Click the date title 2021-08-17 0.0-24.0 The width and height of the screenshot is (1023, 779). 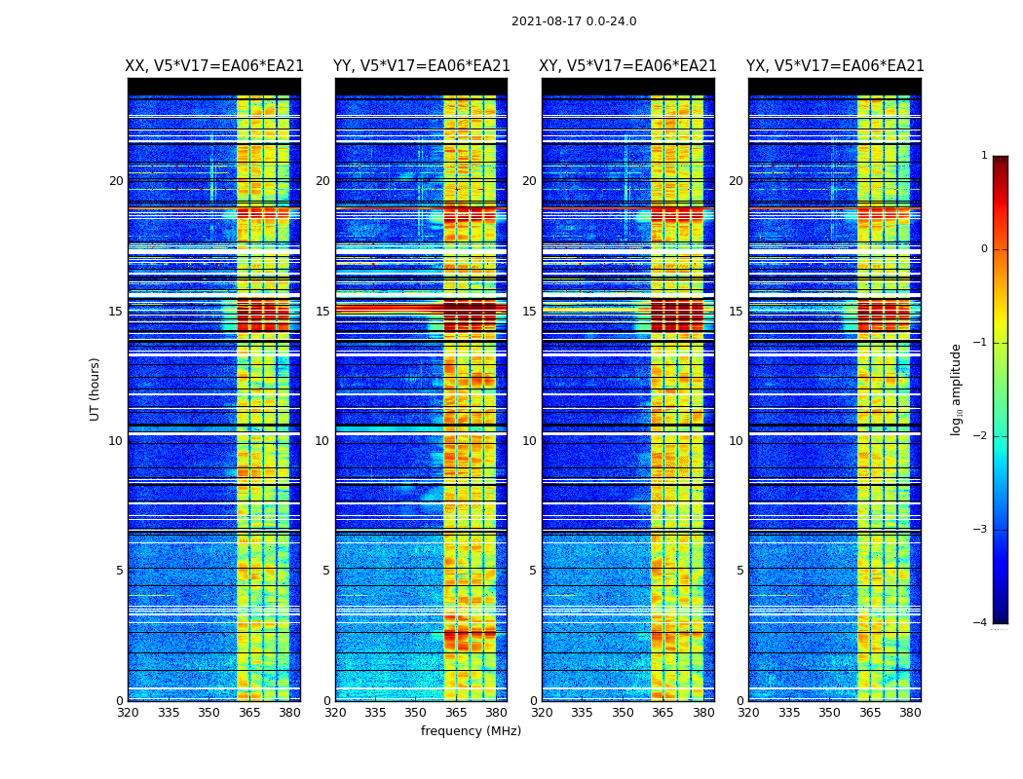point(574,21)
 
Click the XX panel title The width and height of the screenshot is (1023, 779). point(214,66)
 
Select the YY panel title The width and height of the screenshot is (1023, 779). point(422,66)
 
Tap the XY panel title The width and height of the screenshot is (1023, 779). point(628,66)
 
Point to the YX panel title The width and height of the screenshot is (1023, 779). point(835,66)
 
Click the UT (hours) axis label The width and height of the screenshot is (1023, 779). point(95,389)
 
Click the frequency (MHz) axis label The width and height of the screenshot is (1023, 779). point(471,731)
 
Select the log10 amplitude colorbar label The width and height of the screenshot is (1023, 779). point(957,389)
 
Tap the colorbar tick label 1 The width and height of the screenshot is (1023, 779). point(984,156)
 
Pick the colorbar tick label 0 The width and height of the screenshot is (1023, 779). point(984,249)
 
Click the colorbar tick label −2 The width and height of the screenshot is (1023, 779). point(981,436)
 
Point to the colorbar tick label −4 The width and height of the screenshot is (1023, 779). point(981,623)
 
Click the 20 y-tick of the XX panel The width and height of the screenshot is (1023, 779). point(116,181)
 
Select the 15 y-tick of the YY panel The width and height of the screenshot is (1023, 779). point(322,312)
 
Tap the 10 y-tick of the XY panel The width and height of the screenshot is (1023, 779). point(529,441)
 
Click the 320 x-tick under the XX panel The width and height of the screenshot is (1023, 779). point(128,713)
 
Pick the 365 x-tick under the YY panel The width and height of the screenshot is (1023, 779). point(456,713)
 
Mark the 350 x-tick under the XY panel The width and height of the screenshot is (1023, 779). point(623,713)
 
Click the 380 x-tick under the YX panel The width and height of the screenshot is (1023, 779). point(910,713)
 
